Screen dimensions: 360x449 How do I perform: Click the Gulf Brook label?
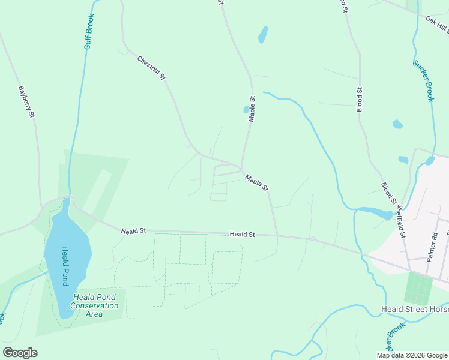[89, 31]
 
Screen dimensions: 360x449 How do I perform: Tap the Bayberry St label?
[25, 102]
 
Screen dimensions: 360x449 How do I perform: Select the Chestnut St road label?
[151, 68]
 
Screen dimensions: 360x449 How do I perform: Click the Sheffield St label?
[400, 219]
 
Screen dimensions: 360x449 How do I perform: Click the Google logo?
[20, 353]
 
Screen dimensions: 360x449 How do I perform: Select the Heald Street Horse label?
[415, 310]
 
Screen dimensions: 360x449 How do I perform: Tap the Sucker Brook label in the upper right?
[423, 80]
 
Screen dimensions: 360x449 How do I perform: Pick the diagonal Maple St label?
[256, 182]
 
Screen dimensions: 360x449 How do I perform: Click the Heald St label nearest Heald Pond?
[133, 231]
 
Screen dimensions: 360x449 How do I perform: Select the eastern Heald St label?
[243, 235]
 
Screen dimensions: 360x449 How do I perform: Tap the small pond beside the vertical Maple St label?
[246, 110]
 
